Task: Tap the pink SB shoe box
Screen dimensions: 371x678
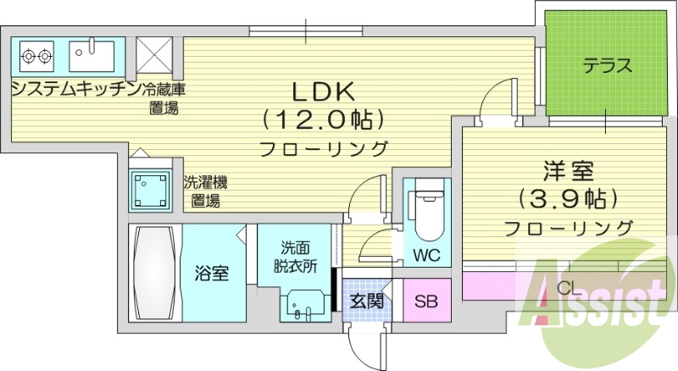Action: coord(425,301)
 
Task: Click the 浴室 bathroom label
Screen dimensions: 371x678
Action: coord(210,274)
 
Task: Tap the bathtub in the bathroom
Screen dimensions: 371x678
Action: coord(153,272)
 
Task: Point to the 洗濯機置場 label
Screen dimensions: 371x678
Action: coord(205,191)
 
